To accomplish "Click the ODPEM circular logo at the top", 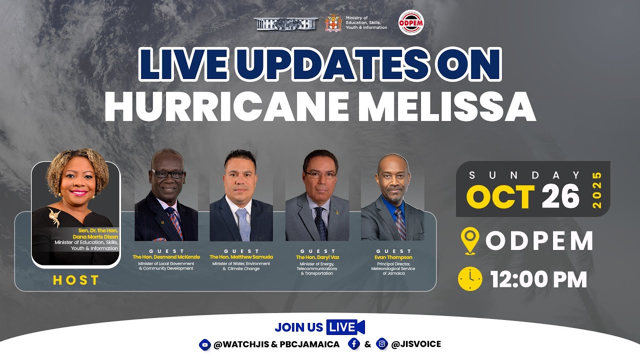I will tap(411, 22).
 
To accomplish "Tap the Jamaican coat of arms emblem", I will tap(333, 22).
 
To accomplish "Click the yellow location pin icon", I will tap(470, 241).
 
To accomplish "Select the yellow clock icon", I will tap(470, 279).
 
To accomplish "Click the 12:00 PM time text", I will tap(538, 279).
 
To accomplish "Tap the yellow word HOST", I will tap(76, 280).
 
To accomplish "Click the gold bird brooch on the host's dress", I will tap(54, 216).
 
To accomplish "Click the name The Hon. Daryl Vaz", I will tap(317, 257).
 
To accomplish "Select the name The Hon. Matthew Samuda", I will tap(241, 257).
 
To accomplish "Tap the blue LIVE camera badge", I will tap(345, 327).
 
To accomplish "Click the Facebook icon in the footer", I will tap(354, 344).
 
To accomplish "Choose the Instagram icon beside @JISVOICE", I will tap(382, 344).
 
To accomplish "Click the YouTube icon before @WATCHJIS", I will tap(204, 344).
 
